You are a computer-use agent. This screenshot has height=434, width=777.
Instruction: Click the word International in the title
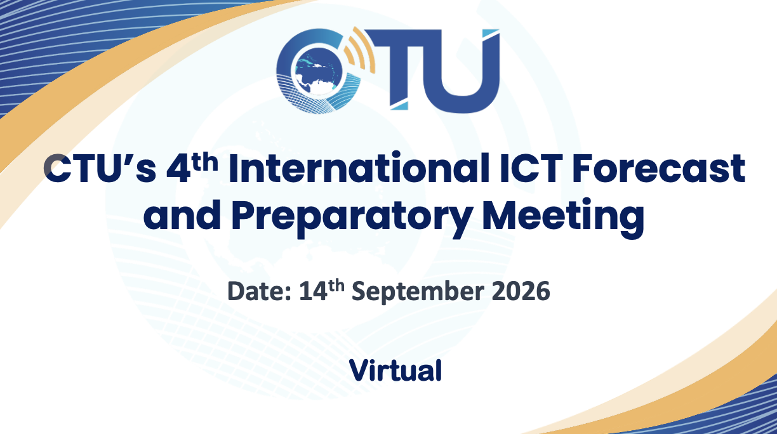358,168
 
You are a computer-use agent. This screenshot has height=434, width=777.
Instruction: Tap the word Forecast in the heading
659,169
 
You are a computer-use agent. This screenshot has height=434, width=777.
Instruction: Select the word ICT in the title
530,168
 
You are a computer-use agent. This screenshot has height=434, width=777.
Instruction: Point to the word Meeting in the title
563,218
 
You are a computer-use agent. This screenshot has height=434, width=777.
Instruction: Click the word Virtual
395,371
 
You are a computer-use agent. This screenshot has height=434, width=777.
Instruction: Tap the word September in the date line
418,293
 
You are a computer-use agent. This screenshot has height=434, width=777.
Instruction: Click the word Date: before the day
259,291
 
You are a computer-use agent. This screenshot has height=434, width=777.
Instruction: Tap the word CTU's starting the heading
100,169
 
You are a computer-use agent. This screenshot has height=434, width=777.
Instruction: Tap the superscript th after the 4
204,162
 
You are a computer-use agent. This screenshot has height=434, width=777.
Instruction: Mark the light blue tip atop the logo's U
491,34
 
